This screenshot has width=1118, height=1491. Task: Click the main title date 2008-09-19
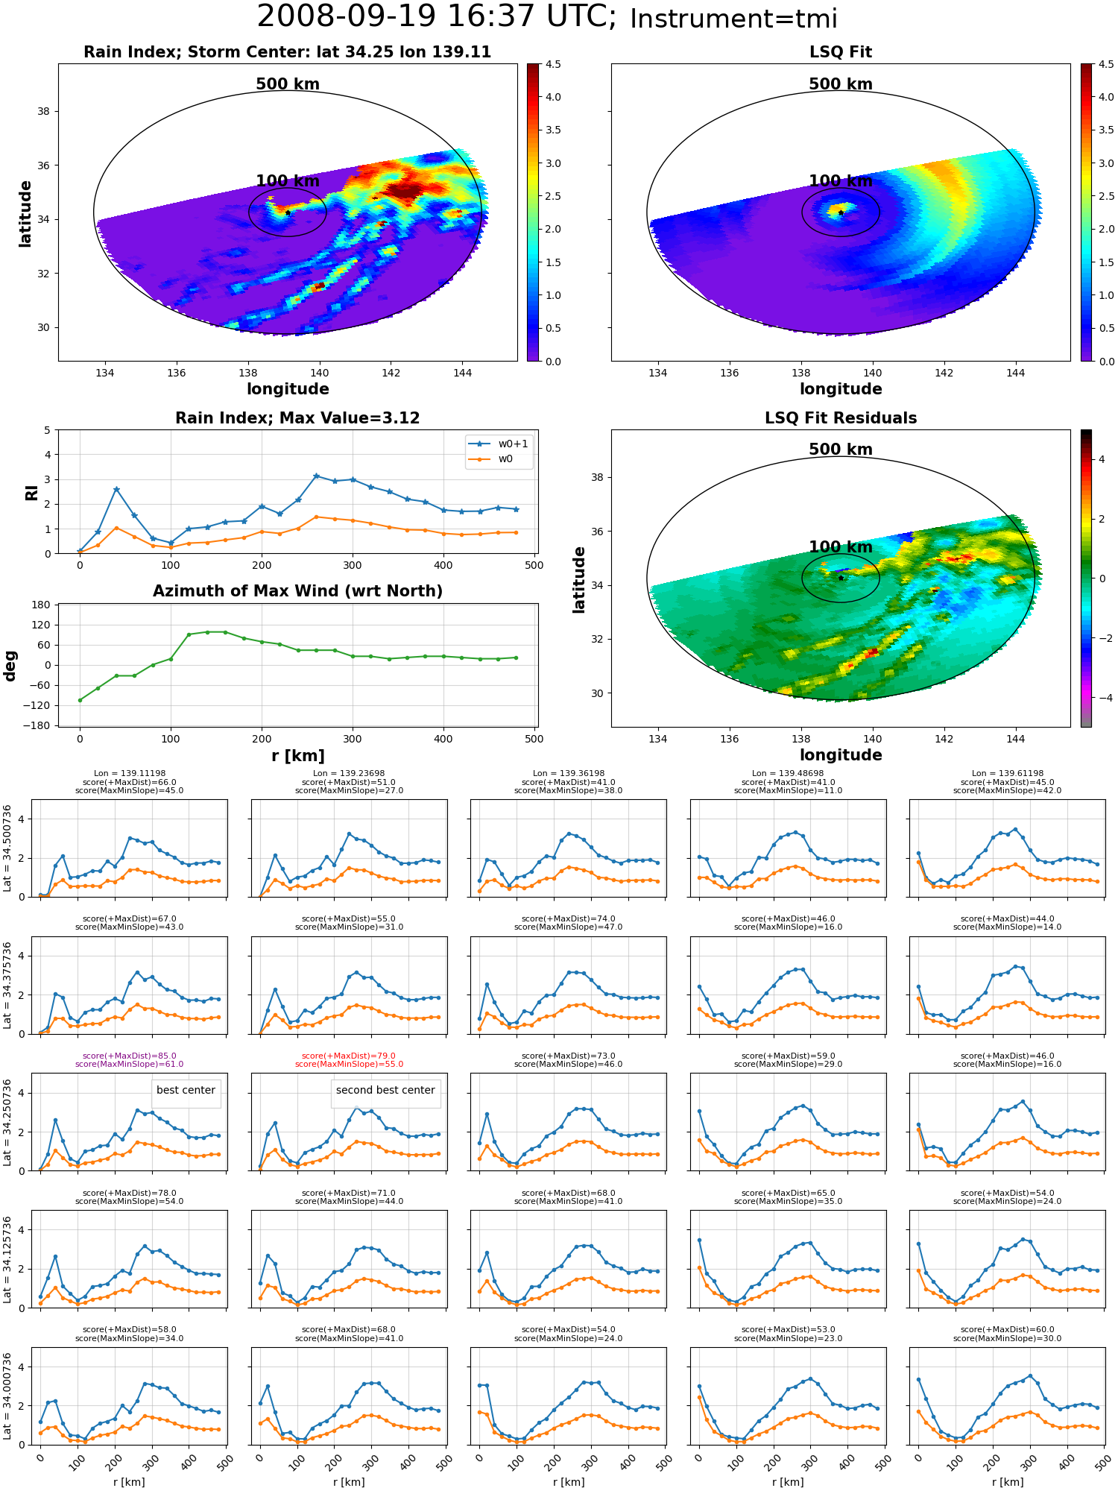pyautogui.click(x=353, y=17)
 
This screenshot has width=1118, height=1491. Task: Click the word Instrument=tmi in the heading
pyautogui.click(x=733, y=19)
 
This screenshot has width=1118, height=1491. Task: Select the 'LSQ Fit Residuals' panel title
pyautogui.click(x=841, y=418)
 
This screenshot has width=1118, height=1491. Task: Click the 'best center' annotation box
pyautogui.click(x=186, y=1090)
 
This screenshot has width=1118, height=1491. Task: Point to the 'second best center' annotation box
pyautogui.click(x=385, y=1090)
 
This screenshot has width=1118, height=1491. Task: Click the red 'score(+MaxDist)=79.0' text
pyautogui.click(x=349, y=1056)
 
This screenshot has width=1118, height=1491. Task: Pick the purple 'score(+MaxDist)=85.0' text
pyautogui.click(x=130, y=1056)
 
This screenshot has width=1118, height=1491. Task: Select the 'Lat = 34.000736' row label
pyautogui.click(x=7, y=1396)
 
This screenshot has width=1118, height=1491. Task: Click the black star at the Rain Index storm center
pyautogui.click(x=288, y=212)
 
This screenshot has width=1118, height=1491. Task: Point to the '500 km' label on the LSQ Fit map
pyautogui.click(x=841, y=84)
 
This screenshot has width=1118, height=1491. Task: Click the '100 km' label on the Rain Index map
pyautogui.click(x=288, y=181)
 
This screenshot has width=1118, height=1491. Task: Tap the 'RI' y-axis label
pyautogui.click(x=31, y=492)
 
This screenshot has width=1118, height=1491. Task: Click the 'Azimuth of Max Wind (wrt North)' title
pyautogui.click(x=297, y=591)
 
